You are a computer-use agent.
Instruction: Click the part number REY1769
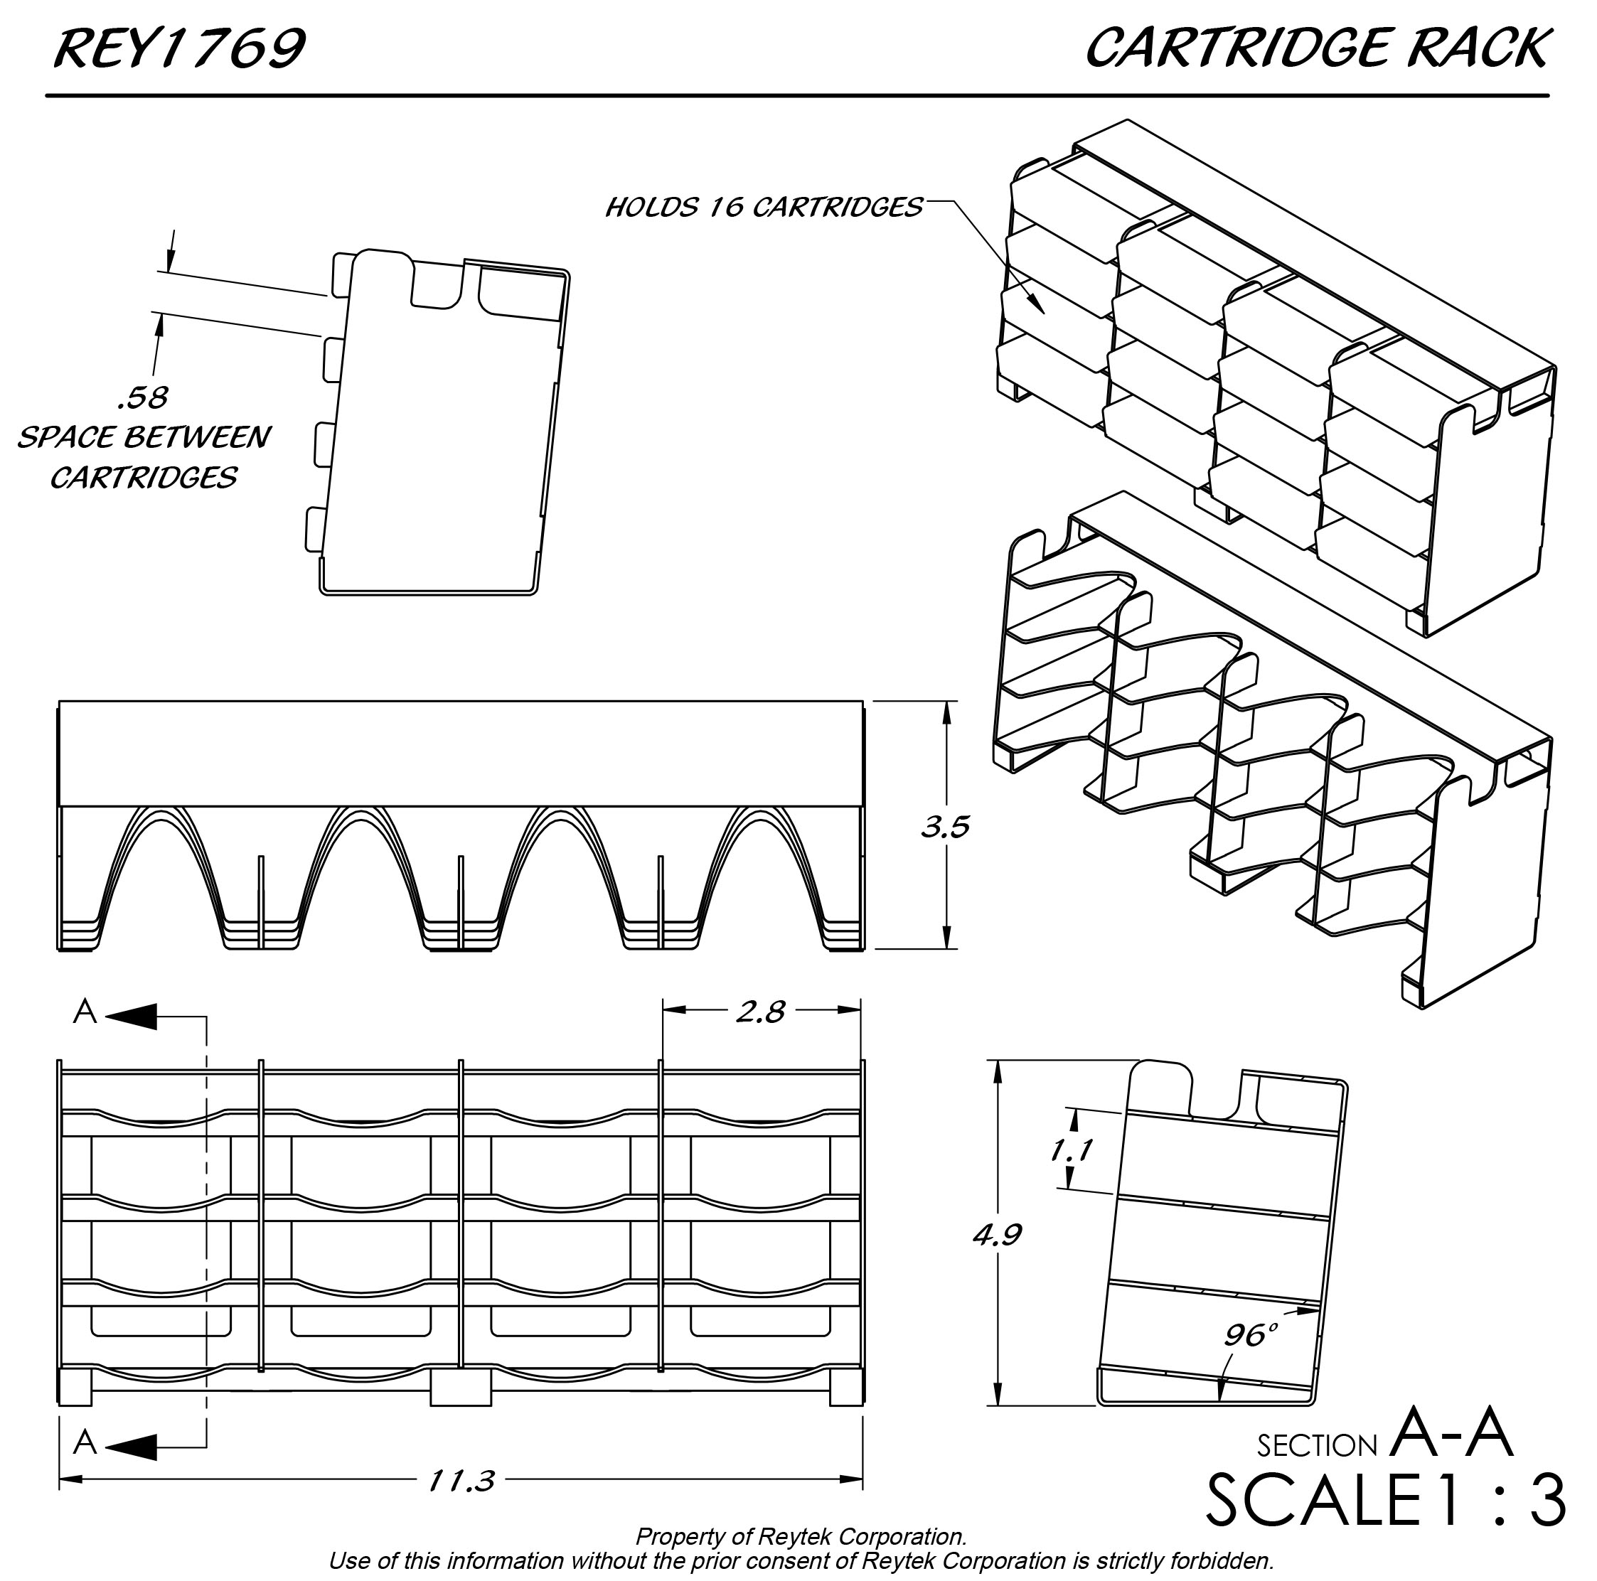[179, 50]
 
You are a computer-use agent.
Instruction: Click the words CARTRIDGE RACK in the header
[1316, 50]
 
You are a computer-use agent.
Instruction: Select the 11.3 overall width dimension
[461, 1480]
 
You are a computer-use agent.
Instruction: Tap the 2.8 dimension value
[761, 1012]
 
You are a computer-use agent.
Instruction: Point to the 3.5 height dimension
[946, 827]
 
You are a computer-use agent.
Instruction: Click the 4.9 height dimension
[998, 1235]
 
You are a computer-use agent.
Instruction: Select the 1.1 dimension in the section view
[1072, 1149]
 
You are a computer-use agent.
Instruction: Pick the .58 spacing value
[143, 398]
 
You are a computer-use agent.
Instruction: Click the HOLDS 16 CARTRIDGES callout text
[764, 208]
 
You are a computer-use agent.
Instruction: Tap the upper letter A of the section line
[85, 1012]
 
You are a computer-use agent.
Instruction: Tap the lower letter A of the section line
[85, 1443]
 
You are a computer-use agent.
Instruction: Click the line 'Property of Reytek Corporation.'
[801, 1537]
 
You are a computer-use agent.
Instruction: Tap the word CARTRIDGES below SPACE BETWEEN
[144, 478]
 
